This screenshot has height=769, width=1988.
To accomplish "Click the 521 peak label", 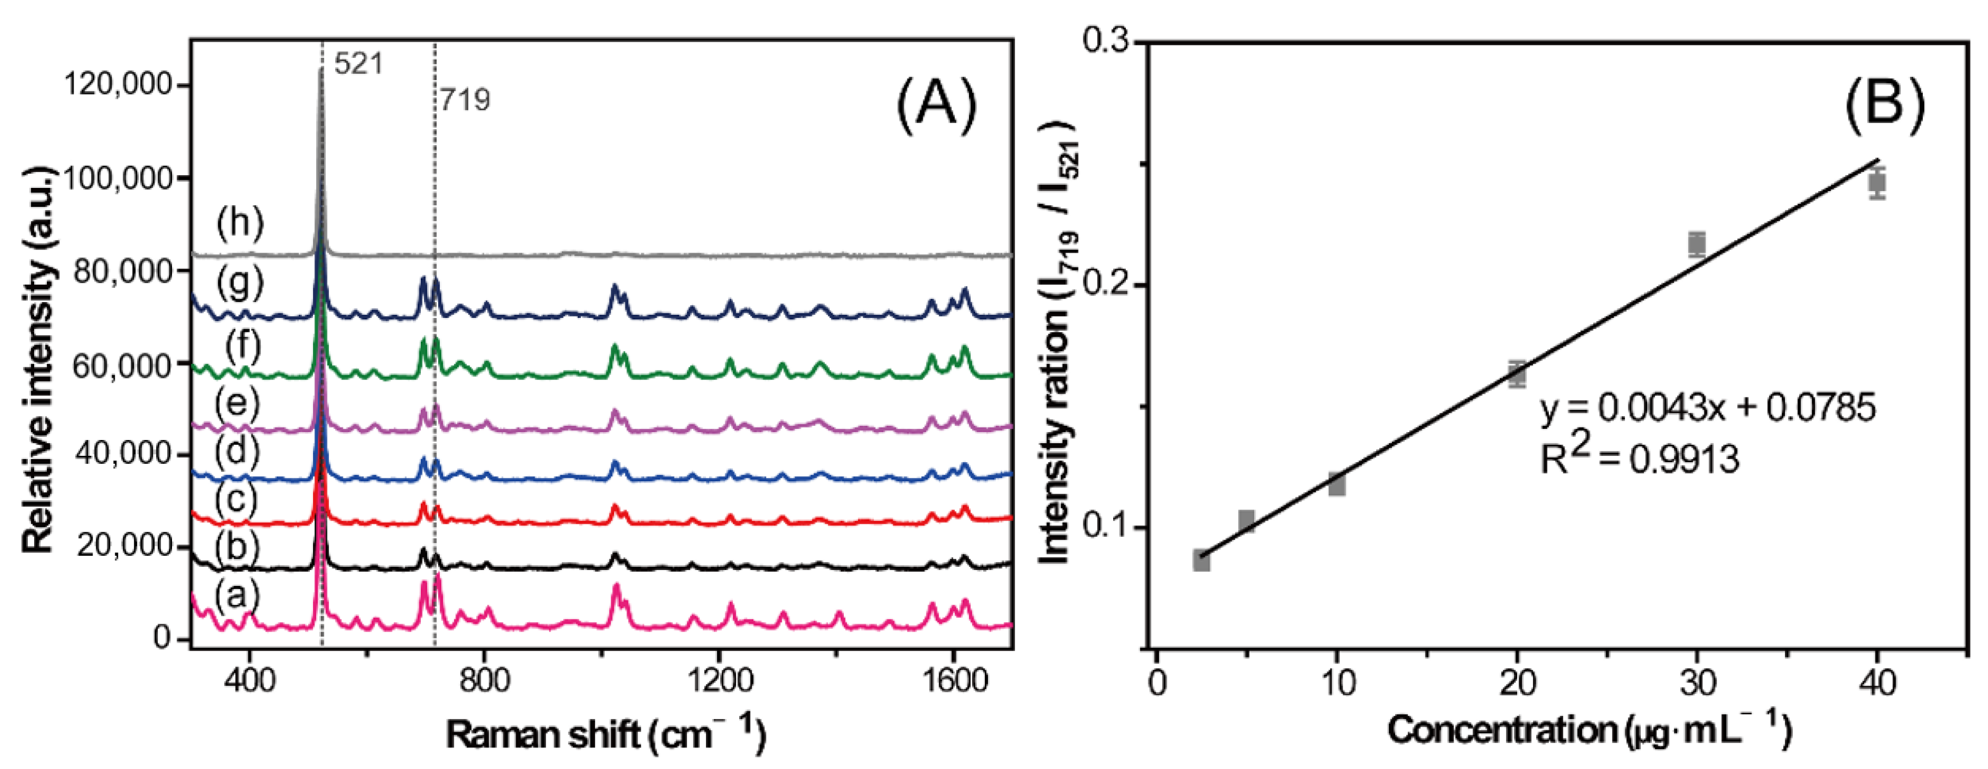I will coord(359,63).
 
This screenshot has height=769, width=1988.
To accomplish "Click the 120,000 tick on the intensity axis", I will coord(117,83).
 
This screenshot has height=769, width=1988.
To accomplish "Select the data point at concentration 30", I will coord(1696,245).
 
